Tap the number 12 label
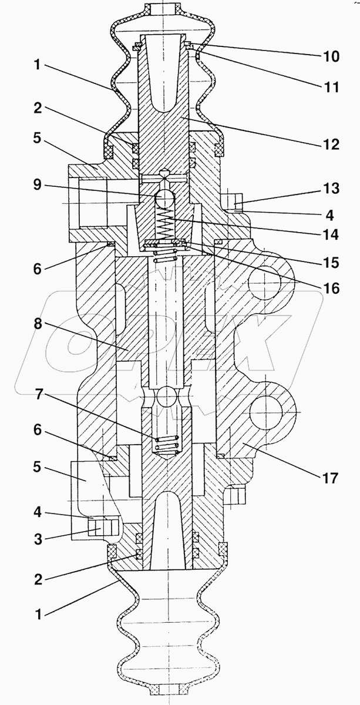coord(331,144)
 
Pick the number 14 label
coord(331,234)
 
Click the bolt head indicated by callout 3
coord(104,527)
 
